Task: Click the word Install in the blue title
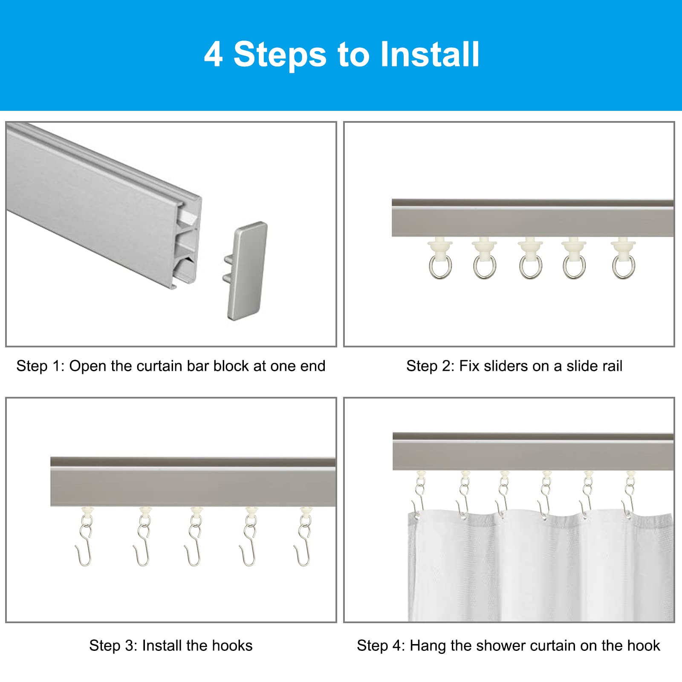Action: [x=430, y=54]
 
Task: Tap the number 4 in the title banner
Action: [x=213, y=54]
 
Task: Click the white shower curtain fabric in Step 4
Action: [x=540, y=567]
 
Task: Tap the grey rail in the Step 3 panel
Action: [x=193, y=482]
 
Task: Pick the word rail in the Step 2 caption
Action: [x=610, y=366]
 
